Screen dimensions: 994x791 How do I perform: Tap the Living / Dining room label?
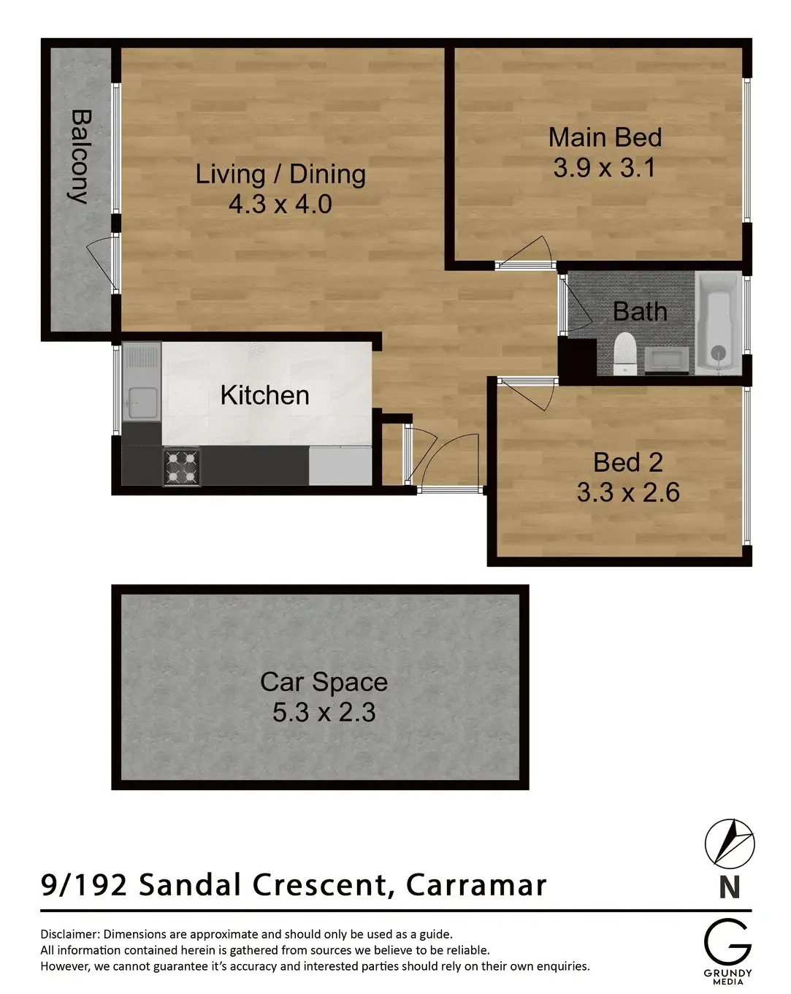tap(280, 174)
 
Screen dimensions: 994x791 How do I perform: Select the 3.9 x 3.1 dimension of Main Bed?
tap(604, 168)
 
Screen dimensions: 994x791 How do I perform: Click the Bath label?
tap(640, 312)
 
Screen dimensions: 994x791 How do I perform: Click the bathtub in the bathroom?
tap(719, 323)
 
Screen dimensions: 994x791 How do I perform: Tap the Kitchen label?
tap(264, 395)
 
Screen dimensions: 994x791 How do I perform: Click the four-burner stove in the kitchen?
tap(181, 467)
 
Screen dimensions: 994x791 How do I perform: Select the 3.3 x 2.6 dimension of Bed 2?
tap(628, 492)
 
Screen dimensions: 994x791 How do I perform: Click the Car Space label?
tap(324, 681)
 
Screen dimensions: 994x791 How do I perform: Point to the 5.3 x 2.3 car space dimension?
tap(324, 712)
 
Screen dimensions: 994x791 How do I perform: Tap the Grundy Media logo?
tap(727, 949)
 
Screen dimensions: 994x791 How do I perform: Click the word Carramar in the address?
tap(476, 884)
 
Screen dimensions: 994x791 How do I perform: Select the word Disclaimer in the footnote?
tap(69, 934)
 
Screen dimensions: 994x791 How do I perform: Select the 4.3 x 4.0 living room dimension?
tap(280, 204)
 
